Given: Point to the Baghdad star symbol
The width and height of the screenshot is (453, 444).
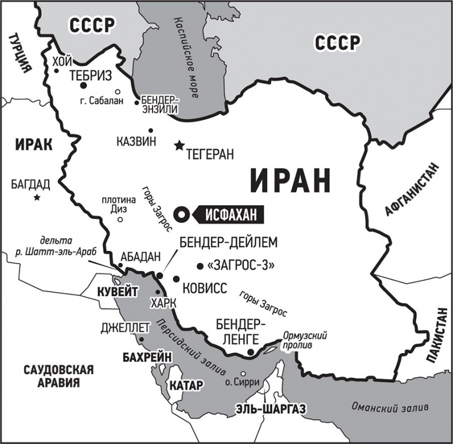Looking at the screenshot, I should coord(37,198).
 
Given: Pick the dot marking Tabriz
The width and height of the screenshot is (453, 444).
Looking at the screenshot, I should coord(83,85).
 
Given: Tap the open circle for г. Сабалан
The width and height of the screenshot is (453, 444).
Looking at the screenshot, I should coord(118,91).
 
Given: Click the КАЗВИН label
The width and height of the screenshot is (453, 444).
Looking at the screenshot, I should coord(136,142).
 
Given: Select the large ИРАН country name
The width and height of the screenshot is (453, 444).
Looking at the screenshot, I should coord(291,180).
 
